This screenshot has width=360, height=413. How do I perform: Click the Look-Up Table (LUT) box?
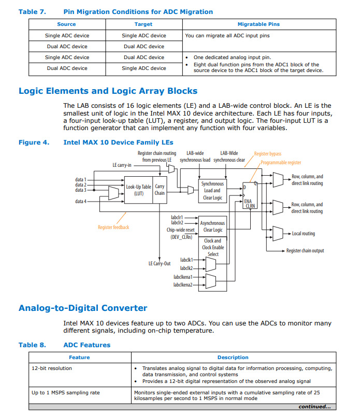(138, 190)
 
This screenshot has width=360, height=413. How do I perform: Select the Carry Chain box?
(160, 190)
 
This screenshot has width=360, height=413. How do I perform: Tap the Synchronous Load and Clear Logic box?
(212, 190)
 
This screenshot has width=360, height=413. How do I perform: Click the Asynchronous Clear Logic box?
(212, 226)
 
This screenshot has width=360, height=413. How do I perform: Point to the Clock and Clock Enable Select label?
(212, 247)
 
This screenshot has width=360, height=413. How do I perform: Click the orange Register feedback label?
(113, 227)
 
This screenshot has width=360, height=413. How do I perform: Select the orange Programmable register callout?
(281, 163)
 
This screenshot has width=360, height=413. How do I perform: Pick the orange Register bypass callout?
(268, 154)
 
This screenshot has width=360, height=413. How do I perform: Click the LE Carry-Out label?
(160, 264)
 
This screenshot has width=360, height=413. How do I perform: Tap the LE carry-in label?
(122, 165)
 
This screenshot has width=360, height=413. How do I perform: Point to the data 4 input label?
(81, 201)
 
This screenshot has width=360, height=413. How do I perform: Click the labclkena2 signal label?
(183, 285)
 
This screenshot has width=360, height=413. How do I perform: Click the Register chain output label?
(305, 251)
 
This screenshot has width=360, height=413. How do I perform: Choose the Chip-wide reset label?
(181, 230)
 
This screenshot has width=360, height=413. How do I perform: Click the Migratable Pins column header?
(258, 24)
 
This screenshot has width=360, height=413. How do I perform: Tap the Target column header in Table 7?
(143, 24)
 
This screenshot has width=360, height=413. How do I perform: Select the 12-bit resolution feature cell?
(52, 368)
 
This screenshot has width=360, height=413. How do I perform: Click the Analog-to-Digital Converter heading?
(83, 308)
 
